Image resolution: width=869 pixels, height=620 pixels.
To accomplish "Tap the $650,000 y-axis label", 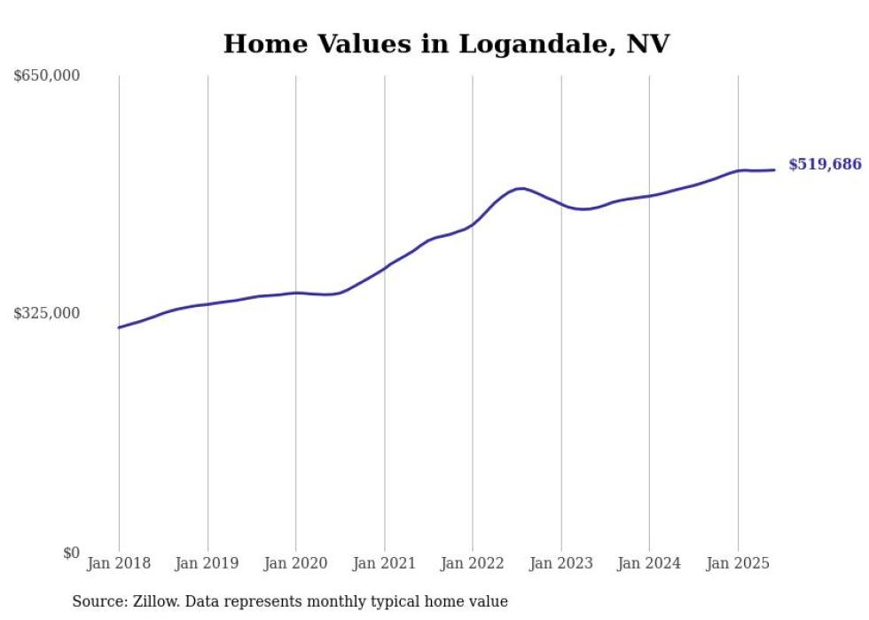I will tap(47, 76).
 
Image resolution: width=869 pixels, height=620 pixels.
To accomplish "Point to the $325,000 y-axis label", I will tap(47, 313).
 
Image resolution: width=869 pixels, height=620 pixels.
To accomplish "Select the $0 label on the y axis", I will tap(71, 553).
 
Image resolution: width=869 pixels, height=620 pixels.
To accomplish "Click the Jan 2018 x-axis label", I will tap(119, 563).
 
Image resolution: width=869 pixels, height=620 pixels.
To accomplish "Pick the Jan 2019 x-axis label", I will tap(207, 563).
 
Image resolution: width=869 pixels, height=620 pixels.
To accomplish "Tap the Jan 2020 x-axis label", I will tap(295, 563).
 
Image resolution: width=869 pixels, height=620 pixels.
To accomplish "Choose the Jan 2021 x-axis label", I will tap(384, 563).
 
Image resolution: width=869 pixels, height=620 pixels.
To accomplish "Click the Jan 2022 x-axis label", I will tap(473, 563).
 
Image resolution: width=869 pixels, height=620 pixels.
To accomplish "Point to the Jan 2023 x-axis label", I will tap(560, 563).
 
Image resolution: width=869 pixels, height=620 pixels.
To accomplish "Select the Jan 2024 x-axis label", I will tap(649, 563).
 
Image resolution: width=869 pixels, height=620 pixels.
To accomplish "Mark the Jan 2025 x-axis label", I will tap(738, 563).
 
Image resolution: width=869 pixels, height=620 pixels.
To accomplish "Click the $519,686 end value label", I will tap(825, 164).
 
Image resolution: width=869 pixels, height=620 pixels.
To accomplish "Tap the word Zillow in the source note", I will tap(152, 602).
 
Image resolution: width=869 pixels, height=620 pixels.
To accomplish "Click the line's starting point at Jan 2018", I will tap(119, 327).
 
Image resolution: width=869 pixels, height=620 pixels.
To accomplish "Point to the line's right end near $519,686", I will tap(775, 169).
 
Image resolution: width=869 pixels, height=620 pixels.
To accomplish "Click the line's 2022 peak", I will tap(521, 188).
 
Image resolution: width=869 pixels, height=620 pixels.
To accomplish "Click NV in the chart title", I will tap(647, 44).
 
